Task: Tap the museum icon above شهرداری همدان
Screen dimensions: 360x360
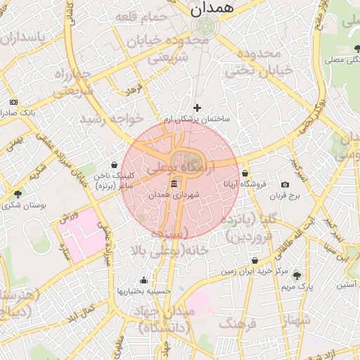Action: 174,184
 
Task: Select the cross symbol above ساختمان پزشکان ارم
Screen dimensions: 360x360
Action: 197,108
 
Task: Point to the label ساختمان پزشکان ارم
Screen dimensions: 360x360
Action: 196,120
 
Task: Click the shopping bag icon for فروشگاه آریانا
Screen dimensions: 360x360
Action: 245,173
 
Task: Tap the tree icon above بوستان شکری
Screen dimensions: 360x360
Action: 18,193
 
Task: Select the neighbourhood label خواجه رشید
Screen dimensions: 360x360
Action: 111,117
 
